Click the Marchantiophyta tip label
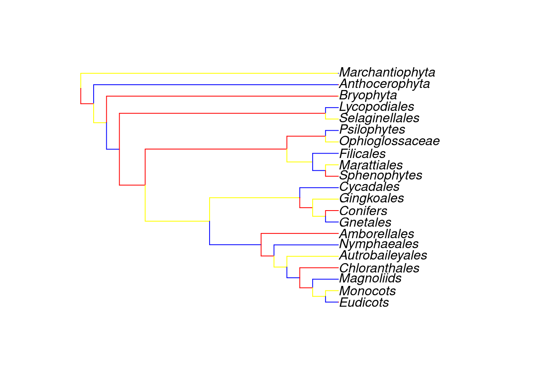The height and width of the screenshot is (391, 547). [x=387, y=72]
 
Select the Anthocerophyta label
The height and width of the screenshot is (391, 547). [x=384, y=84]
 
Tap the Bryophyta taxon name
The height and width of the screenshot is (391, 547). [x=368, y=96]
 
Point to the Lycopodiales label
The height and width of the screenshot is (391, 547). [x=376, y=107]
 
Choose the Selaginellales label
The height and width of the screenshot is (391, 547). [x=379, y=118]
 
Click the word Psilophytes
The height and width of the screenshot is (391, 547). [x=372, y=130]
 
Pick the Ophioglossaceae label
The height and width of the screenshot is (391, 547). [x=389, y=141]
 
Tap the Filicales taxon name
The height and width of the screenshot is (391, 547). [x=362, y=154]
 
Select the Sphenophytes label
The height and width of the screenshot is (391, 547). [x=381, y=176]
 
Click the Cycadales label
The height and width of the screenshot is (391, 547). [x=369, y=187]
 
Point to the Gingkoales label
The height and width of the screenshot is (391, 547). [x=372, y=198]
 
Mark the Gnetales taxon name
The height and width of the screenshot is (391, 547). [x=365, y=223]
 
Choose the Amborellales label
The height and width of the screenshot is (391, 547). [x=376, y=234]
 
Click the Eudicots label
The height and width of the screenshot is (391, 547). [x=364, y=303]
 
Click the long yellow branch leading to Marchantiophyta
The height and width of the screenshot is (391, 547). [x=210, y=73]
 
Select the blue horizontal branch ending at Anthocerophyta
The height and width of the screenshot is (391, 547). [x=216, y=85]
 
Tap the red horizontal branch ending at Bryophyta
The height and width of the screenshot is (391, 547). [x=223, y=96]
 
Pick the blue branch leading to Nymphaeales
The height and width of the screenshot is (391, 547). [x=306, y=245]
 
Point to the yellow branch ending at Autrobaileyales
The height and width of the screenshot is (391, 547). [x=313, y=256]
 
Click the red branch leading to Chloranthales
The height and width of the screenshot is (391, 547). [x=319, y=268]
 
